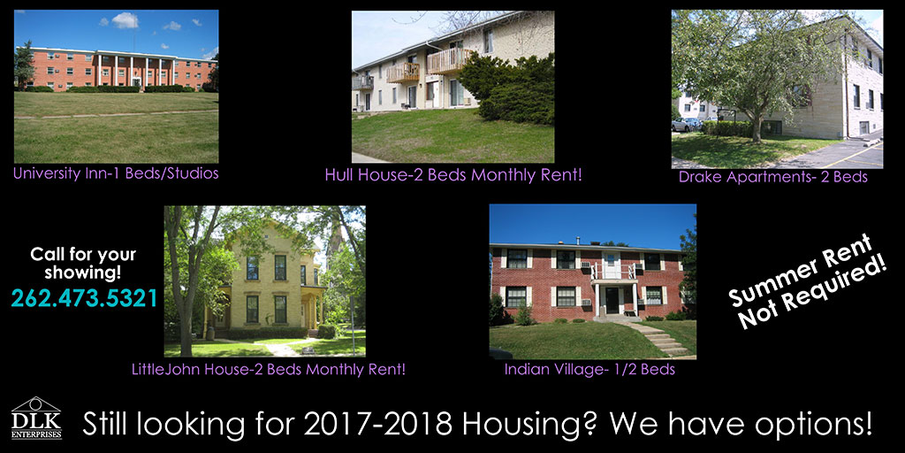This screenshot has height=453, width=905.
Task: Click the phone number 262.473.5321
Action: (x=84, y=298)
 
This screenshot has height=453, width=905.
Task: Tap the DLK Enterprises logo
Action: (x=36, y=418)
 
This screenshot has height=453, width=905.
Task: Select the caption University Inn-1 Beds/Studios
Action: (x=116, y=173)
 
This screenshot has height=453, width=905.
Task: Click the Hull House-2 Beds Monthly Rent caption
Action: (x=453, y=175)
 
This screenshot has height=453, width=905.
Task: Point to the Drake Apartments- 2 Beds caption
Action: (x=773, y=177)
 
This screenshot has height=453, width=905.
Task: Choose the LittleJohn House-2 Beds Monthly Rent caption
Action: (x=264, y=368)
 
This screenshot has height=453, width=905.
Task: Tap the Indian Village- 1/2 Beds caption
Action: (x=589, y=369)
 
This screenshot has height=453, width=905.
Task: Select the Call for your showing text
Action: (x=84, y=262)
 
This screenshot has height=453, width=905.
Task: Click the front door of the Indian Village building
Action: (x=612, y=300)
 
